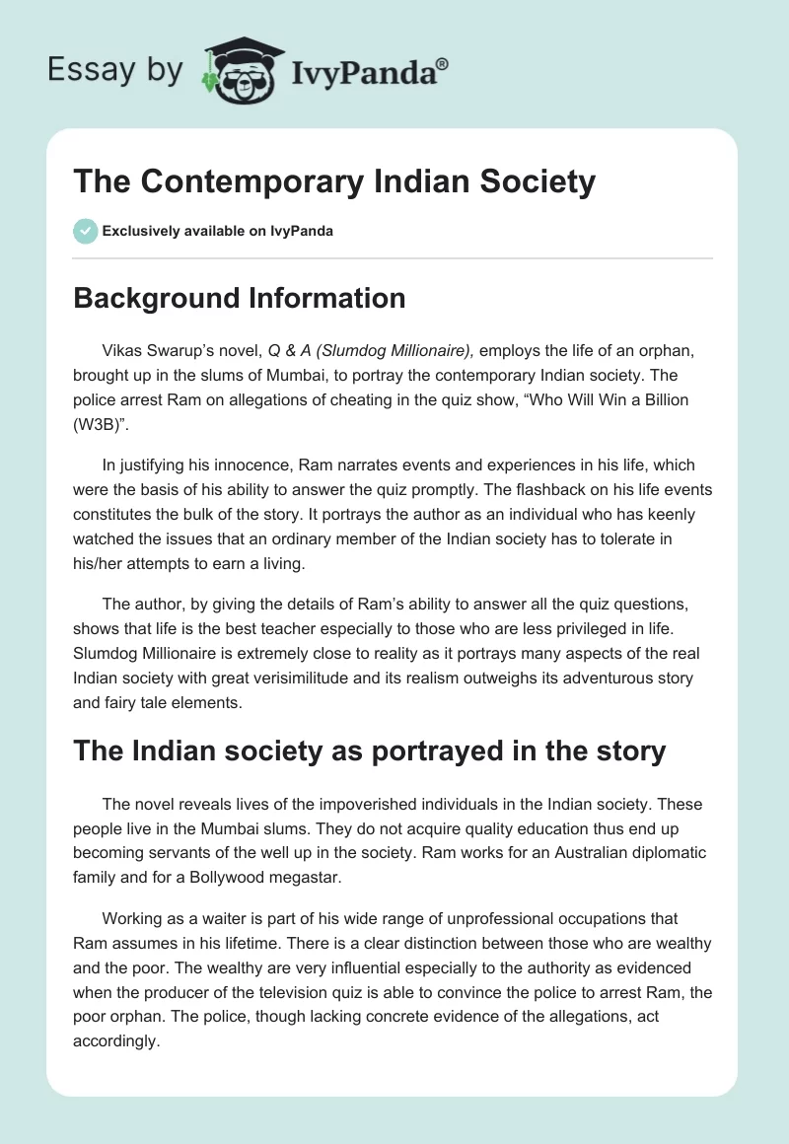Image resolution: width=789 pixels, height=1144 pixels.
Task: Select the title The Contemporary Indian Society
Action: [334, 182]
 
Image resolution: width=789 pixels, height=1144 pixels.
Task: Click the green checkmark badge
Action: [85, 231]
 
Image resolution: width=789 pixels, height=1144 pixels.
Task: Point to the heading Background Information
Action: [240, 298]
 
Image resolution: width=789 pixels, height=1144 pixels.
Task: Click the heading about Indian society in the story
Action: [370, 751]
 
